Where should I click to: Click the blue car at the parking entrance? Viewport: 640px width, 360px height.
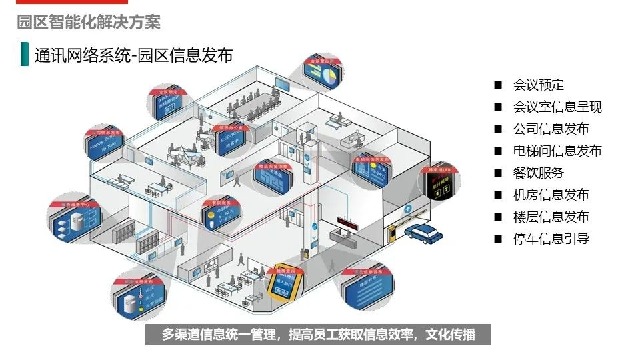click(x=421, y=233)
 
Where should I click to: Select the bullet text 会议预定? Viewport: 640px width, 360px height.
click(x=538, y=85)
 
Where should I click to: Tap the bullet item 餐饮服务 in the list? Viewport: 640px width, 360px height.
click(x=538, y=173)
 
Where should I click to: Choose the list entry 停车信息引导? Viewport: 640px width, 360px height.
click(x=551, y=239)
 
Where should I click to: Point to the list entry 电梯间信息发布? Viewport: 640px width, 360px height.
click(x=557, y=151)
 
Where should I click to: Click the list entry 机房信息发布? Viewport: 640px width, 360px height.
click(x=551, y=195)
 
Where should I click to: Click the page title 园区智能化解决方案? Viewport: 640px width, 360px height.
click(x=89, y=22)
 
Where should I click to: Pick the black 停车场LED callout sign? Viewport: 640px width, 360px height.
click(x=439, y=188)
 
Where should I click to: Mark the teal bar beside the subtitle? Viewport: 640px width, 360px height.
click(x=25, y=55)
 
